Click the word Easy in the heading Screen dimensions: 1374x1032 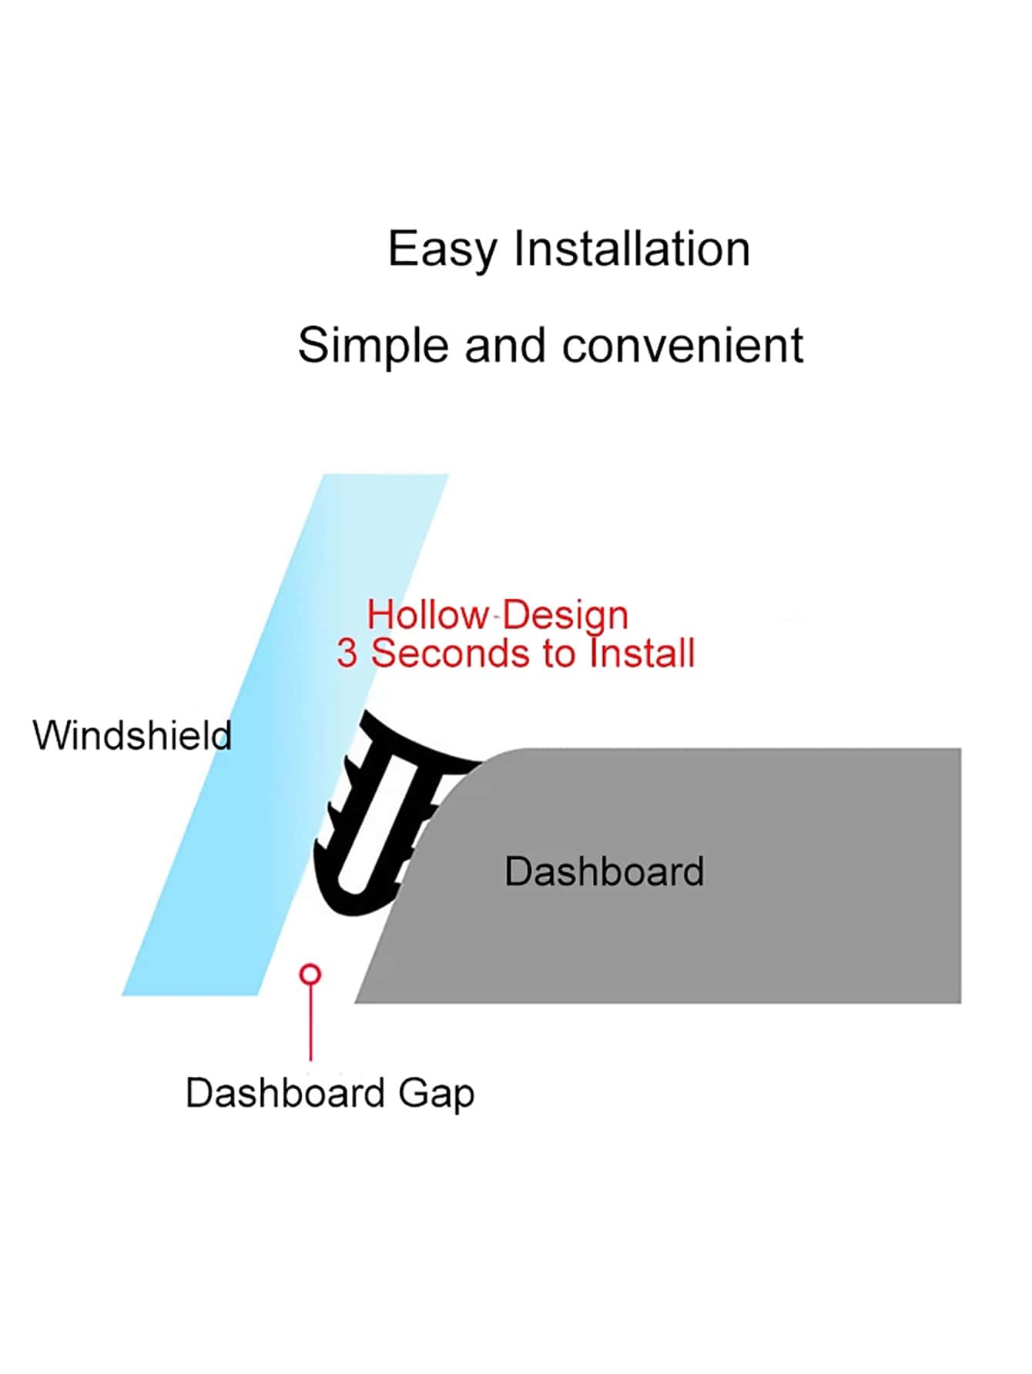click(x=442, y=250)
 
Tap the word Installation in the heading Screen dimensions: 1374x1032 click(x=632, y=249)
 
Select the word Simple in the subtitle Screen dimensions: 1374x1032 click(x=373, y=346)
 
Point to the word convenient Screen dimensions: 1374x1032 click(x=682, y=345)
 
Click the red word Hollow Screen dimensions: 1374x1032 click(x=427, y=615)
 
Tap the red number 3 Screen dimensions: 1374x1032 click(x=347, y=654)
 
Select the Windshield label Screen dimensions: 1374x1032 click(x=132, y=735)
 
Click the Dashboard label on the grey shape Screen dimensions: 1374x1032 click(x=604, y=871)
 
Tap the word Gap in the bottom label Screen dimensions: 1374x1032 click(x=436, y=1093)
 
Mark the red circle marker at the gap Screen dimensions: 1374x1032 click(x=310, y=975)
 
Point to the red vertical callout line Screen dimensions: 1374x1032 click(x=310, y=1024)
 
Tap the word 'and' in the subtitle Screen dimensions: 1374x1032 click(x=504, y=345)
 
